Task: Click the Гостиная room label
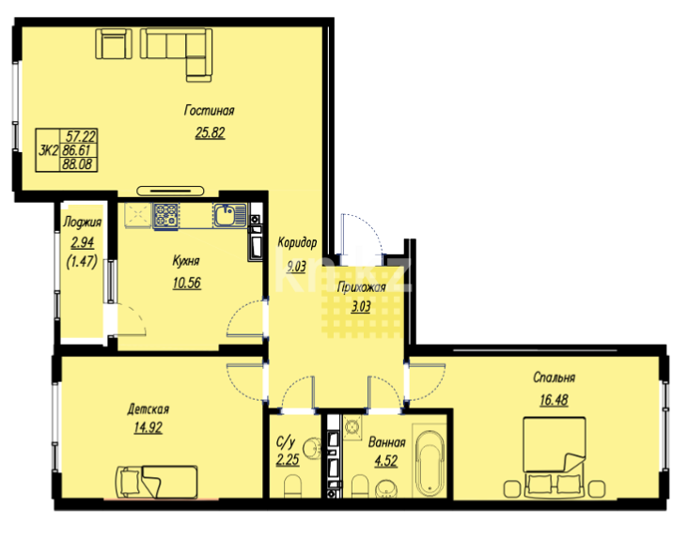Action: coord(209,111)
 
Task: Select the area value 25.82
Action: coord(209,131)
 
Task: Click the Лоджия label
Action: coord(83,223)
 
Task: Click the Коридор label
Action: coord(297,242)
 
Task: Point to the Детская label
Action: coord(149,408)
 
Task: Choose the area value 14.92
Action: coord(149,428)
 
